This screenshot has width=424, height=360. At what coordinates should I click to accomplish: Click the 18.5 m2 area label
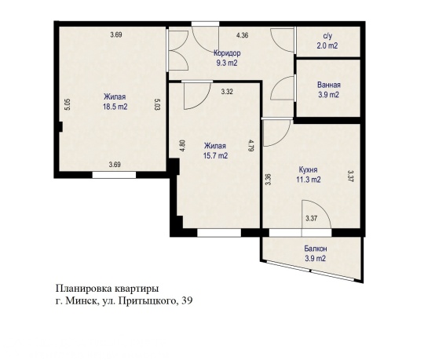click(x=115, y=107)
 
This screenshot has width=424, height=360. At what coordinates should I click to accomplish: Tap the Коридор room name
click(x=228, y=53)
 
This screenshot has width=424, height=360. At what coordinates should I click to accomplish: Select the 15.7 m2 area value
click(x=215, y=155)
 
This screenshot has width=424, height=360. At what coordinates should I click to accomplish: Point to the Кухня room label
click(x=309, y=169)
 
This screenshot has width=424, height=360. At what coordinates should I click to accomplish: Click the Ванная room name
click(x=329, y=85)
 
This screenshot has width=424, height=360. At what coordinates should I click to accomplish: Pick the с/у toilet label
click(x=329, y=36)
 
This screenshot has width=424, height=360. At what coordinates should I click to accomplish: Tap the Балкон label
click(x=316, y=249)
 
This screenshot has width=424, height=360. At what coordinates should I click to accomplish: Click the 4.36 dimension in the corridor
click(x=243, y=35)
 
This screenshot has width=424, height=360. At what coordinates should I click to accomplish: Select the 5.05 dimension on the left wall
click(x=68, y=104)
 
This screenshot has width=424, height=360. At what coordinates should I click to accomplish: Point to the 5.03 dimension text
click(x=157, y=104)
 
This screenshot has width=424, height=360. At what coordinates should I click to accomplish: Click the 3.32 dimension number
click(x=227, y=92)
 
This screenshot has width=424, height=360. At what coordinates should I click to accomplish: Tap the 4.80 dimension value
click(x=182, y=145)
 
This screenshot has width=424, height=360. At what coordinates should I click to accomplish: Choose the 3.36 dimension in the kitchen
click(x=269, y=178)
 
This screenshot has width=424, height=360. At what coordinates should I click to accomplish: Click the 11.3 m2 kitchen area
click(x=309, y=179)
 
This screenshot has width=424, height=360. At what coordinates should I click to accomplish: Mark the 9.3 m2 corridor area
click(x=228, y=63)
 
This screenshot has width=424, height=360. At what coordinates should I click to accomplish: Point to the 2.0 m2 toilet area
click(x=329, y=45)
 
